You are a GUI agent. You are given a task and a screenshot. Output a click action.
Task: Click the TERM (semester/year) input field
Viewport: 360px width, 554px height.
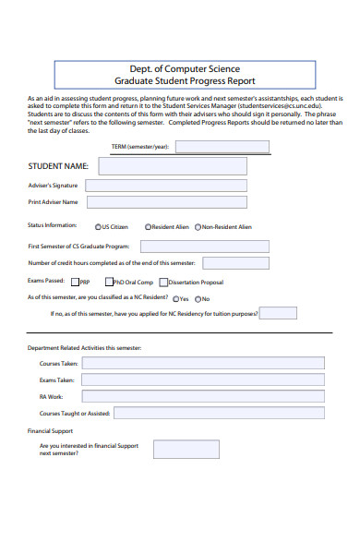point(222,146)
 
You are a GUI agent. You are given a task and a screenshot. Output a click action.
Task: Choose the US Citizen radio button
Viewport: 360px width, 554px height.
point(98,226)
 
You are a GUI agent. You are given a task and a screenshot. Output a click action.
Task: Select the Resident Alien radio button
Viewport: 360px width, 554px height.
point(148,226)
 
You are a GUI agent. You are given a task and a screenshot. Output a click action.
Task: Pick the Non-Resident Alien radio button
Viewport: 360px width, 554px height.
point(198,226)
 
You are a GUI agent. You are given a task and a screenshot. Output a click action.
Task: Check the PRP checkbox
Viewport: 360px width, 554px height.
point(75,283)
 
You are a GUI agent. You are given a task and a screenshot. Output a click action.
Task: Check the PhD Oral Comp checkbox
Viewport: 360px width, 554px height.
point(108,283)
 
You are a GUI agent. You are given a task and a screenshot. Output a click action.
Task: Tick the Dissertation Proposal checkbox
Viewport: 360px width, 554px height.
point(163,283)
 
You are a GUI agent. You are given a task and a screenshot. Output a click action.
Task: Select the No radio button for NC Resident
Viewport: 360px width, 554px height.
point(196,299)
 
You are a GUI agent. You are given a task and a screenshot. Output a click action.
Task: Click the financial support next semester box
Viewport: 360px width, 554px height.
point(186,449)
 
